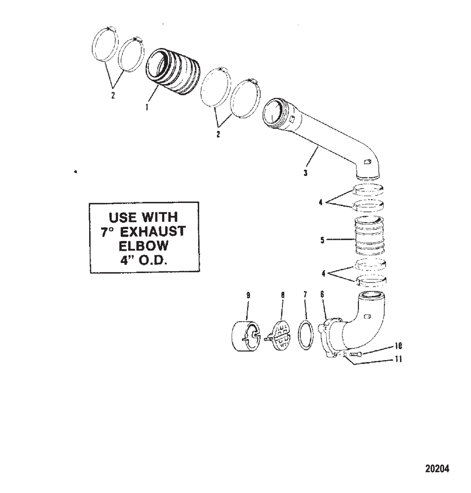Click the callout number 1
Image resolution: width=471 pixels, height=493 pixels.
point(146,107)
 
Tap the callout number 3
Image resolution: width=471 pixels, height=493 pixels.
point(306,173)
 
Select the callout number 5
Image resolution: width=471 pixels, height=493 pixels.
point(322,240)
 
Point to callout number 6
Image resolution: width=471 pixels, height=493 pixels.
point(322,294)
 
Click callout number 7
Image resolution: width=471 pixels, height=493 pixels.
point(305,294)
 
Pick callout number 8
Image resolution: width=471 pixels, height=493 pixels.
point(283,295)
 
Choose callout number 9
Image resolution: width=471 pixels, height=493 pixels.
point(248,295)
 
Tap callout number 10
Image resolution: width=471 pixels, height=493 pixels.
point(398,346)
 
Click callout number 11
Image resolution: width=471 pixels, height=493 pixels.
point(398,359)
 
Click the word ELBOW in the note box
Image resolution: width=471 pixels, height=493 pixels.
point(143,245)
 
